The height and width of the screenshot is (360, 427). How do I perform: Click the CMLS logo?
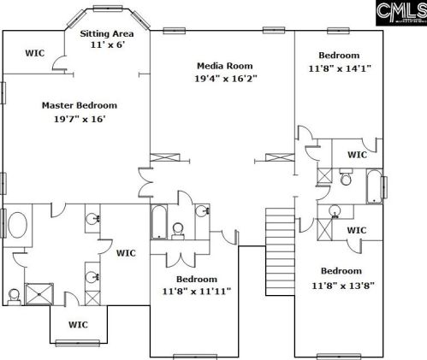pos(401,13)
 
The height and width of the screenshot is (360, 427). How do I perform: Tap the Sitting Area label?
pos(107,33)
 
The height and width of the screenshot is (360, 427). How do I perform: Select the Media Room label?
pos(225,66)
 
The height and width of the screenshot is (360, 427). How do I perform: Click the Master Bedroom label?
pos(80,105)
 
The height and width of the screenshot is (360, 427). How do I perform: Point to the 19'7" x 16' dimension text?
pos(80,119)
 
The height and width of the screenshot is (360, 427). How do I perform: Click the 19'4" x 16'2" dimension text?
pos(226,79)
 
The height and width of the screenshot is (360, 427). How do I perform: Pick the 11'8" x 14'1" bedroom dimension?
pos(340,68)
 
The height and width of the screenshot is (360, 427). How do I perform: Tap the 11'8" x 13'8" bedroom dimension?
pos(343,285)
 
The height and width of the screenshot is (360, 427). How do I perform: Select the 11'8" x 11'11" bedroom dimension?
pos(197,292)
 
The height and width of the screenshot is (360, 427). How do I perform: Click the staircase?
pos(280,251)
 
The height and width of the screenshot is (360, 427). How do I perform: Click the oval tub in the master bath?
pos(18,225)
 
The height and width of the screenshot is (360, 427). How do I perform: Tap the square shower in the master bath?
pos(39,294)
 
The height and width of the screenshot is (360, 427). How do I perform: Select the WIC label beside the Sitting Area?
pos(35,53)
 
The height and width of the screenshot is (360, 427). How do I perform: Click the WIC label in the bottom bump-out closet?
pos(78,325)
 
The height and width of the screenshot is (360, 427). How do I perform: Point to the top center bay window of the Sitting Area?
pos(108,9)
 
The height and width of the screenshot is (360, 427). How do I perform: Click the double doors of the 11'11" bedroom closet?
pos(181,259)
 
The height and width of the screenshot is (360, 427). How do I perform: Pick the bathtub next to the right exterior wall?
pos(375,186)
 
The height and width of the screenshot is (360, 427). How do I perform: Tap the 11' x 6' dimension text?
pos(108,44)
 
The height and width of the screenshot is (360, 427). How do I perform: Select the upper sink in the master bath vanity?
pos(92,219)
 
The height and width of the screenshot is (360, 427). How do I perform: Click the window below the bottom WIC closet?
pos(78,343)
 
